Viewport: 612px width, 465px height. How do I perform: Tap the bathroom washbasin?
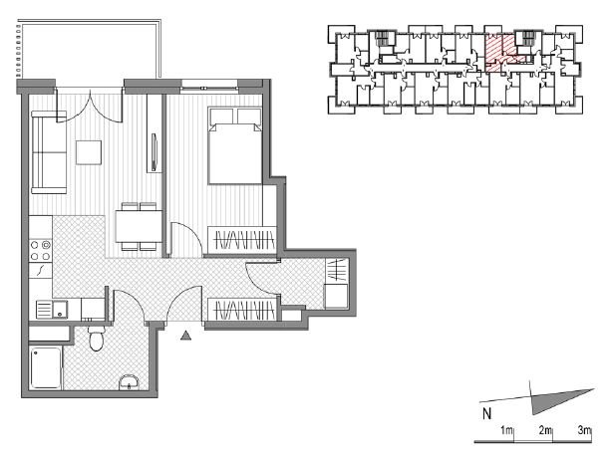pyautogui.click(x=129, y=382)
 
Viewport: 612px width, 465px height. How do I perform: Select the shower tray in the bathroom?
pyautogui.click(x=46, y=368)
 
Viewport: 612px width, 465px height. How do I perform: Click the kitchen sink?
pyautogui.click(x=52, y=310)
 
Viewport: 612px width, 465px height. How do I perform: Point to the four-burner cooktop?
pyautogui.click(x=41, y=250)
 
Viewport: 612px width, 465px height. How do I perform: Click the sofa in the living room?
pyautogui.click(x=49, y=152)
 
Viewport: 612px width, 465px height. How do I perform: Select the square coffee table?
pyautogui.click(x=89, y=152)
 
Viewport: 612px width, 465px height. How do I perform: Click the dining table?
pyautogui.click(x=139, y=226)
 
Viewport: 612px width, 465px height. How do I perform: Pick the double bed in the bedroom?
pyautogui.click(x=235, y=145)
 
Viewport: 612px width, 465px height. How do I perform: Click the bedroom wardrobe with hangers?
pyautogui.click(x=242, y=240)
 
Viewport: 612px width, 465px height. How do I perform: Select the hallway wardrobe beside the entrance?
pyautogui.click(x=242, y=309)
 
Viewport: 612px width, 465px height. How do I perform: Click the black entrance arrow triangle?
pyautogui.click(x=186, y=336)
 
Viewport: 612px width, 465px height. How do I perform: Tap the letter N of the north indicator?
pyautogui.click(x=486, y=413)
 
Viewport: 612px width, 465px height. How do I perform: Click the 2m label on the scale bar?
pyautogui.click(x=545, y=430)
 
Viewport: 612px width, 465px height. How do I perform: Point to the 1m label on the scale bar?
pyautogui.click(x=506, y=430)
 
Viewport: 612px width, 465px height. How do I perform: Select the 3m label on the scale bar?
pyautogui.click(x=584, y=430)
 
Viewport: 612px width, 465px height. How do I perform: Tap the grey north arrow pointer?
pyautogui.click(x=554, y=400)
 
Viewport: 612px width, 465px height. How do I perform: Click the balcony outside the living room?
pyautogui.click(x=89, y=50)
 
